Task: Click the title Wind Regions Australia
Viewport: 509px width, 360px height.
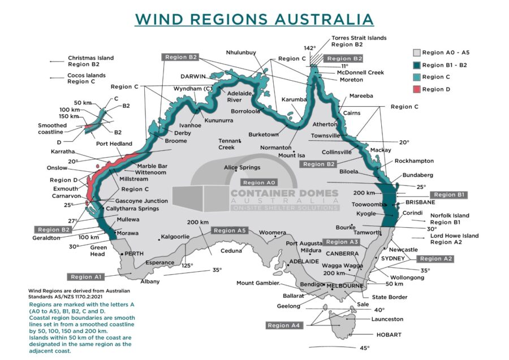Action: pyautogui.click(x=255, y=18)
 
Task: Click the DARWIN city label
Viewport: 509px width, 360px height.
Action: pyautogui.click(x=193, y=76)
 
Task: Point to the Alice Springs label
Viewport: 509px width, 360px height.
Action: pyautogui.click(x=242, y=167)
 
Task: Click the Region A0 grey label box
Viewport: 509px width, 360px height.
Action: pyautogui.click(x=258, y=183)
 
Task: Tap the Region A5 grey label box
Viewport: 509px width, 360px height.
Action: pyautogui.click(x=230, y=231)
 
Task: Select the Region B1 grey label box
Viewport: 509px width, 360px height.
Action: pyautogui.click(x=449, y=194)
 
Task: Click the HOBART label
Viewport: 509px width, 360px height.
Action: pyautogui.click(x=389, y=335)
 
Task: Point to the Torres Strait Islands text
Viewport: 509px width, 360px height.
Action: pyautogui.click(x=359, y=38)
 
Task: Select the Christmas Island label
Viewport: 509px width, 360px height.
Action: pyautogui.click(x=90, y=58)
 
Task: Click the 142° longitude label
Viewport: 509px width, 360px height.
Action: pyautogui.click(x=309, y=48)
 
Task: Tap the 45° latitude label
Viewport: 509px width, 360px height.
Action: pyautogui.click(x=365, y=348)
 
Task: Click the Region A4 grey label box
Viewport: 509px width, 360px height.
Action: pyautogui.click(x=285, y=325)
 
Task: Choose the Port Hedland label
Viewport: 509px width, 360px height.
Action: pyautogui.click(x=114, y=144)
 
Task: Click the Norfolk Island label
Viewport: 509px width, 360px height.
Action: pyautogui.click(x=450, y=215)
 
